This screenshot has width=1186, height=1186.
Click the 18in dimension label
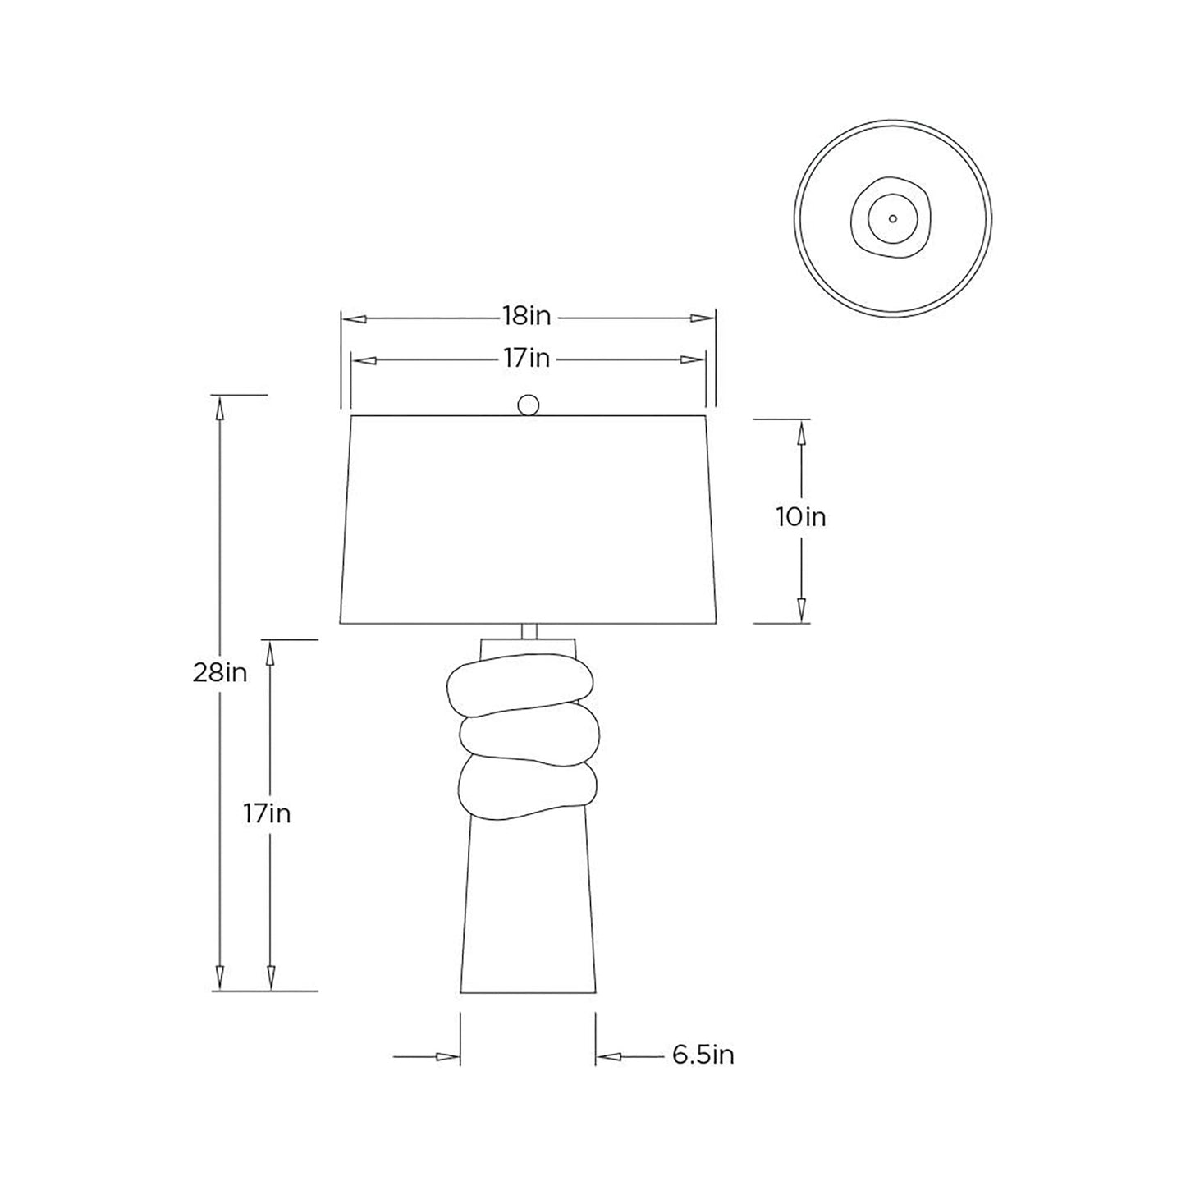tap(527, 317)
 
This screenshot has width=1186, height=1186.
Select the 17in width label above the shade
tap(527, 359)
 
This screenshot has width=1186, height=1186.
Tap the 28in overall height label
tap(220, 673)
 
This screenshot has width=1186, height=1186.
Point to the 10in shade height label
tap(801, 518)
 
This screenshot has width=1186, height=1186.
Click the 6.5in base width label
tap(703, 1055)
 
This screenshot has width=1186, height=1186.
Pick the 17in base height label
tap(267, 813)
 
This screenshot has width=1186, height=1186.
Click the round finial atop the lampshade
tap(529, 405)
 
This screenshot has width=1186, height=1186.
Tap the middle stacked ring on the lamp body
tap(525, 738)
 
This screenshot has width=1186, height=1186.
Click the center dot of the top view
tap(893, 219)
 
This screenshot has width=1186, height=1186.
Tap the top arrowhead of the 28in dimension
tap(219, 407)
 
